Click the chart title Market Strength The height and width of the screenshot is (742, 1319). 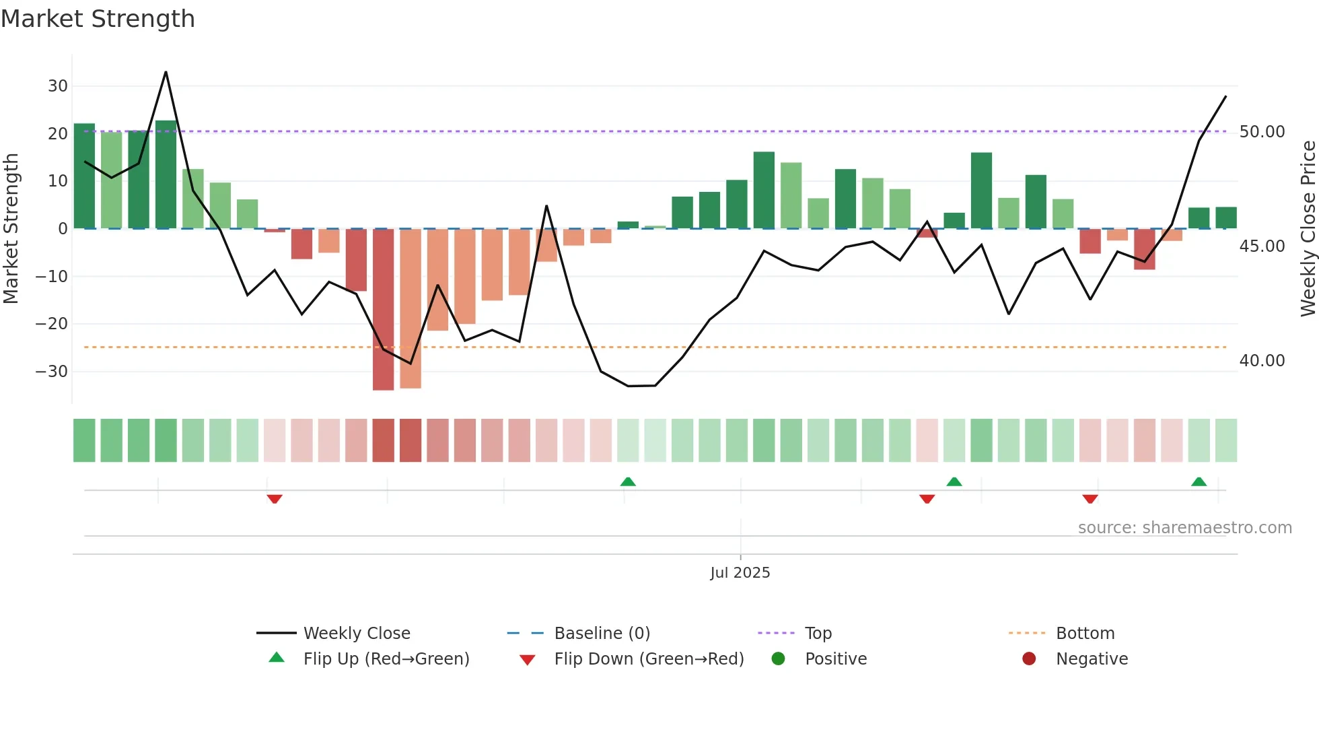pos(98,19)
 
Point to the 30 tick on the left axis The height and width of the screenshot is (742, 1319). pos(58,86)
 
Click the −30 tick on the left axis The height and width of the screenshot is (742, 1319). pos(52,372)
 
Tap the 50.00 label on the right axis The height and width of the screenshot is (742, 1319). pos(1262,132)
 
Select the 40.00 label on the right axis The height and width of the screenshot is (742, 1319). pos(1262,361)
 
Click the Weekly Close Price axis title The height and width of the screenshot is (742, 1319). pos(1308,229)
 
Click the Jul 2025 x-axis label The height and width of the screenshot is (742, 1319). pos(740,573)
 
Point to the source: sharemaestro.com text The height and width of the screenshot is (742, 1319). pos(1184,528)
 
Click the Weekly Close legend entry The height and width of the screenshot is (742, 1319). pos(356,634)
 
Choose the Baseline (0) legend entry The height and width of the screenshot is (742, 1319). pos(602,634)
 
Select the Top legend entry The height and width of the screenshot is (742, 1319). pos(818,634)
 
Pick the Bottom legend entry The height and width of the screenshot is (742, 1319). pos(1085,634)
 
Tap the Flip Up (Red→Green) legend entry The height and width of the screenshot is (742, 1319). pos(386,659)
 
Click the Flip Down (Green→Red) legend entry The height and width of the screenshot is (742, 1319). pos(649,659)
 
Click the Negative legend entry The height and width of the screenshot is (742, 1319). pos(1091,659)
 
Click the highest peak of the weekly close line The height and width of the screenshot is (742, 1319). pos(166,72)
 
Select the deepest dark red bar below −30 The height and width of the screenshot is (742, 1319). pos(383,310)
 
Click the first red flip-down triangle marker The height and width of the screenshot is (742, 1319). pos(275,499)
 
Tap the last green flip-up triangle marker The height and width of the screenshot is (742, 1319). pos(1199,481)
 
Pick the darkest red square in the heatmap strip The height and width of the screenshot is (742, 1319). pos(383,440)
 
